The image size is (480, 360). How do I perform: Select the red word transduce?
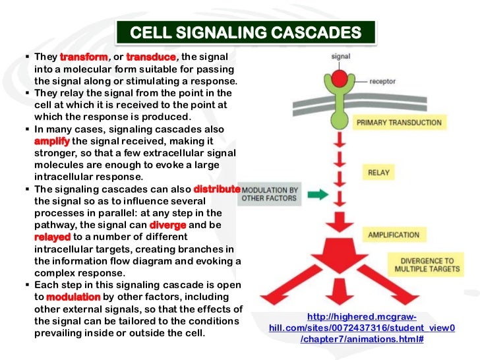point(151,57)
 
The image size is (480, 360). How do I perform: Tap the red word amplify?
point(51,141)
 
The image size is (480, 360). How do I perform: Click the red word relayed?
point(52,236)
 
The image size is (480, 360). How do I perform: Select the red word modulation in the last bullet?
point(73,297)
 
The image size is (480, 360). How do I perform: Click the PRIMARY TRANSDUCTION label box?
point(399,122)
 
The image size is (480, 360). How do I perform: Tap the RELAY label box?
point(378,173)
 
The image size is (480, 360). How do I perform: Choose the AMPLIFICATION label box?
point(394,234)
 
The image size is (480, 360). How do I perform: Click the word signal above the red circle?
point(340,56)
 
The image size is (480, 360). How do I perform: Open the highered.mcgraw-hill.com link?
point(361,328)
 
